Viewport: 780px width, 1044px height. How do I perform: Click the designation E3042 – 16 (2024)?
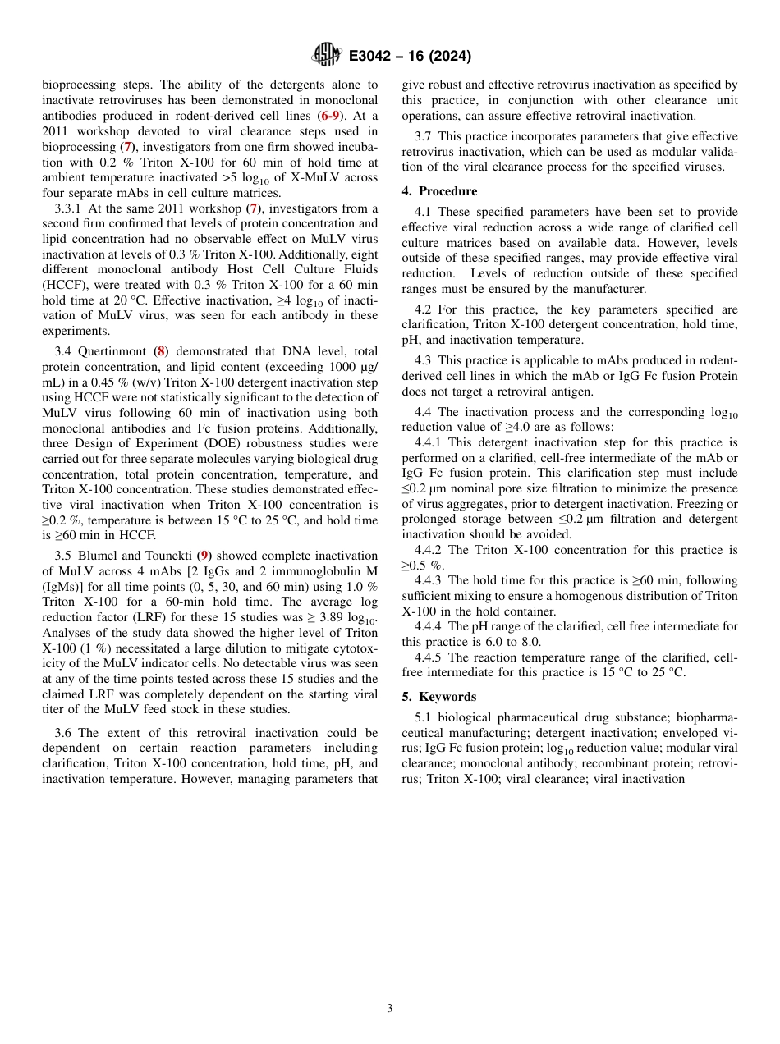tap(410, 56)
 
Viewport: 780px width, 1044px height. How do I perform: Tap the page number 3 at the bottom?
tap(390, 1008)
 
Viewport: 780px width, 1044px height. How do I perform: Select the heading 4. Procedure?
tap(439, 191)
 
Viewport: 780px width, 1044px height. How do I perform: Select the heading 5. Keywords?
tap(438, 697)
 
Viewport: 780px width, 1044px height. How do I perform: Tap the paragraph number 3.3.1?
tap(68, 208)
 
